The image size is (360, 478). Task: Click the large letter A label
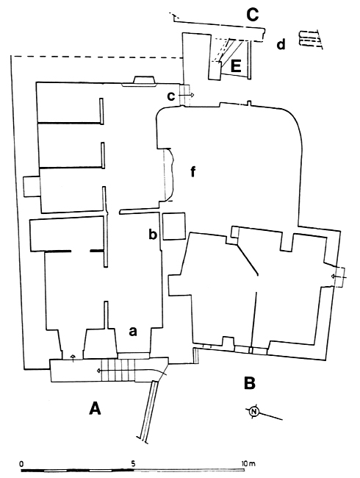95,408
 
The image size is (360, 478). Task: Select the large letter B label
250,383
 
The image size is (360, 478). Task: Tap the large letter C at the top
253,15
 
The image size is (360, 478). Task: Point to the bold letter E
236,66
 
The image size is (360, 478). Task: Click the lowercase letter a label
133,331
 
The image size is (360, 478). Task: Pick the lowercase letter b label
153,234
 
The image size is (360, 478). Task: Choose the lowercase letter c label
171,96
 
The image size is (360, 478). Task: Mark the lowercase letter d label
281,44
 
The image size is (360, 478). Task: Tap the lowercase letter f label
192,171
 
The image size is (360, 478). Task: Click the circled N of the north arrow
253,412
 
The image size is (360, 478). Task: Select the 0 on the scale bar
21,464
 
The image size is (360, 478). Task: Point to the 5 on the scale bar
134,464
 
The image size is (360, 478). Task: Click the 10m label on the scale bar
248,464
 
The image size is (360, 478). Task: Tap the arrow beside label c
186,96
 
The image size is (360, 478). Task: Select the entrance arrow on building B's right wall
339,277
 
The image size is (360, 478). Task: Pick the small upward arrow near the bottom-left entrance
73,358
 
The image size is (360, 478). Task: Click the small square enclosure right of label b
173,226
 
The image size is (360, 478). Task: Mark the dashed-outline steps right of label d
309,39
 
